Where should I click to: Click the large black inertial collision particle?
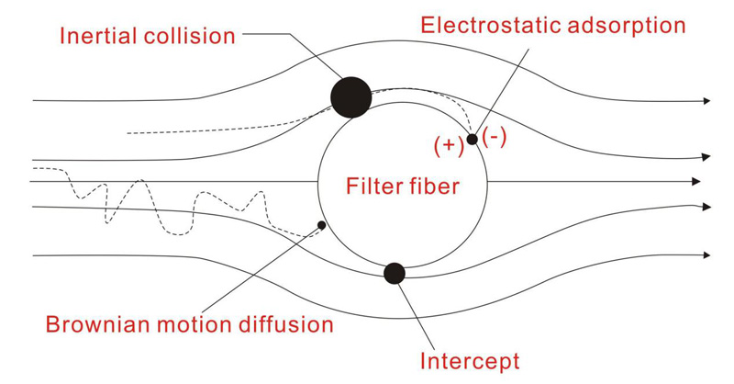350,96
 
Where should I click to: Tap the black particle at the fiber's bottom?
395,273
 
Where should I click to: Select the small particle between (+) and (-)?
472,139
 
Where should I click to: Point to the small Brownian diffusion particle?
321,224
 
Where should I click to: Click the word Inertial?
95,37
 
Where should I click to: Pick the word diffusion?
285,324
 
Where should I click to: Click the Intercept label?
470,359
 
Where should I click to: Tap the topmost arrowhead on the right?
704,99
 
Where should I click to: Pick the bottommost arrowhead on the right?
704,254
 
